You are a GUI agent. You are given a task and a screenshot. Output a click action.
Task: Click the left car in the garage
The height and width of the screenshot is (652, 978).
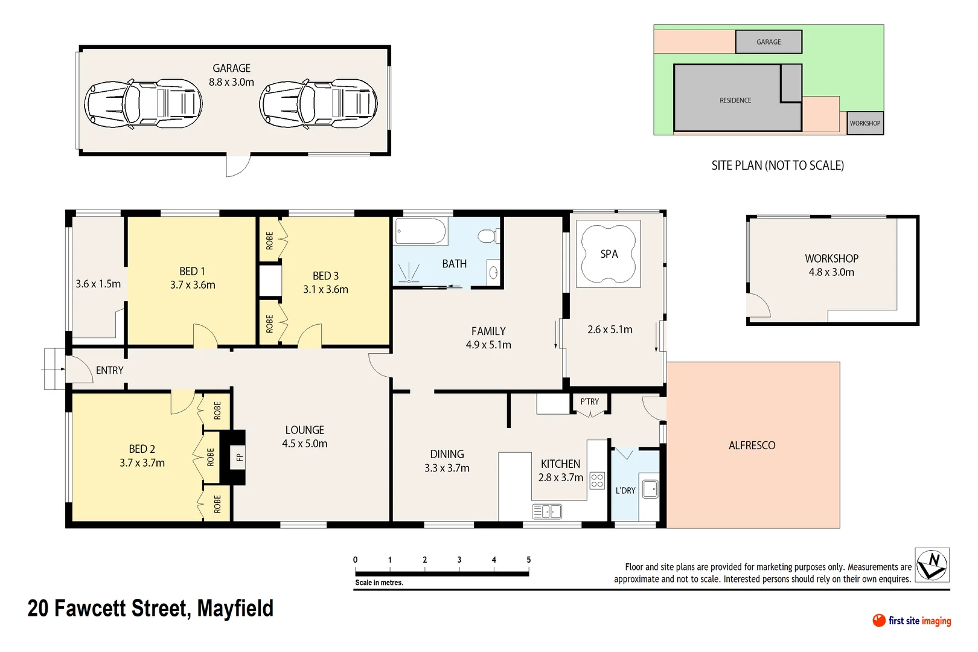143,103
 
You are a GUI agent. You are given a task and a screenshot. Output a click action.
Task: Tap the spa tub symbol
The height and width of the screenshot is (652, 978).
608,254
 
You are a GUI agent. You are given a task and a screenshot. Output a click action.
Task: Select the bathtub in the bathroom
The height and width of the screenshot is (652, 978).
421,231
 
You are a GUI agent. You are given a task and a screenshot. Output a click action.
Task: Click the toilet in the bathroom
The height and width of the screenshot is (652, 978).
488,235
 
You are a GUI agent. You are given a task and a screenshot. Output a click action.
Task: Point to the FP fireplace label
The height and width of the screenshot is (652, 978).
240,457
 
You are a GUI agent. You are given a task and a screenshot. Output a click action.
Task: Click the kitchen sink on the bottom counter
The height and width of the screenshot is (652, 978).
547,512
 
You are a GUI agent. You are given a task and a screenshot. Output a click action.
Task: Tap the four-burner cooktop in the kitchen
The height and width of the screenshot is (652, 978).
597,481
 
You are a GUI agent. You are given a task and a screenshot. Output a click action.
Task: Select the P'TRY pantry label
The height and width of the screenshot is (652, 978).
590,401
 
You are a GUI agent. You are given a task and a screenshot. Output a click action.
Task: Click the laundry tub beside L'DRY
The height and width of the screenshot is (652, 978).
650,488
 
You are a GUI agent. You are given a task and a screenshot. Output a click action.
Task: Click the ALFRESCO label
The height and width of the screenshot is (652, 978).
752,446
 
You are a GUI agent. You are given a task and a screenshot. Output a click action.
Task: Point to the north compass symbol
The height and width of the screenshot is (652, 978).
932,565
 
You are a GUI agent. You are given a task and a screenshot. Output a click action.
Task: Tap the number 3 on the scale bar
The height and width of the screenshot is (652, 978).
459,560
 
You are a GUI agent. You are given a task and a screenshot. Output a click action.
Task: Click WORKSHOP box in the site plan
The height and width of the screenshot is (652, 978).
865,123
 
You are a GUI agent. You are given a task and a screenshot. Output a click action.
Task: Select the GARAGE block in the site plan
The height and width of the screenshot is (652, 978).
769,42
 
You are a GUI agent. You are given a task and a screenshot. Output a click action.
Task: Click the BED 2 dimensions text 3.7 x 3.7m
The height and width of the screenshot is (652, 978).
142,463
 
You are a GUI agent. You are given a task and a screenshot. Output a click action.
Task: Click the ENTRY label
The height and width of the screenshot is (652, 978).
109,370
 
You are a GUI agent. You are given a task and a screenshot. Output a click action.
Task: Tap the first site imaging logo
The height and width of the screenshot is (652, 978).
912,621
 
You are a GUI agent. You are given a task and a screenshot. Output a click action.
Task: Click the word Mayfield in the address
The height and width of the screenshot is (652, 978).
235,609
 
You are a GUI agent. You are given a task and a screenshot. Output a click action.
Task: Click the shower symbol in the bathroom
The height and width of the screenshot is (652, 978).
409,273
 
